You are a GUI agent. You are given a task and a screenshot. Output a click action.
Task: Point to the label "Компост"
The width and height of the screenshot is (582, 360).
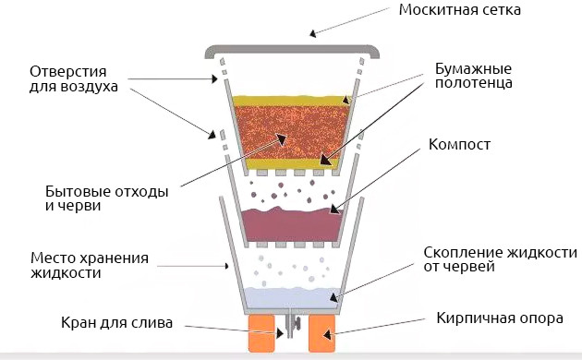(459, 145)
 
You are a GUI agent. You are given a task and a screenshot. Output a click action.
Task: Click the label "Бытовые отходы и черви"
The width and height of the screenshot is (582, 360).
(93, 198)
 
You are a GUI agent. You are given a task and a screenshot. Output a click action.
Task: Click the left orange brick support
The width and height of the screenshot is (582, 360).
(263, 332)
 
